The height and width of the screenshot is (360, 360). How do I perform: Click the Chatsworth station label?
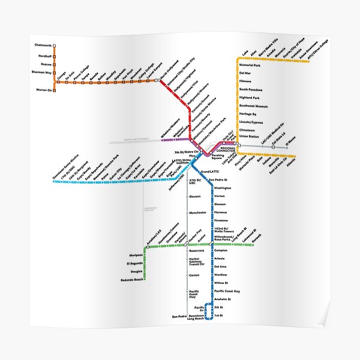coord(43,45)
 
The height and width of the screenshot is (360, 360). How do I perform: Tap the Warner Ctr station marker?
coord(55,90)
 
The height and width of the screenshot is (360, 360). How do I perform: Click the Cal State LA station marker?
coord(273,146)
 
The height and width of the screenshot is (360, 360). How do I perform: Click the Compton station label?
coord(222,242)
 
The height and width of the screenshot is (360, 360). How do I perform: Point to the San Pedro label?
coord(179,316)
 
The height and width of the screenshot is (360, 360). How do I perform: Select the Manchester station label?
coord(197,212)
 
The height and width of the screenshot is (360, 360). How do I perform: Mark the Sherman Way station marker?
coord(55,72)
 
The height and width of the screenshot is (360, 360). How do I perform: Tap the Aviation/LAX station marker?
coord(146,246)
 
